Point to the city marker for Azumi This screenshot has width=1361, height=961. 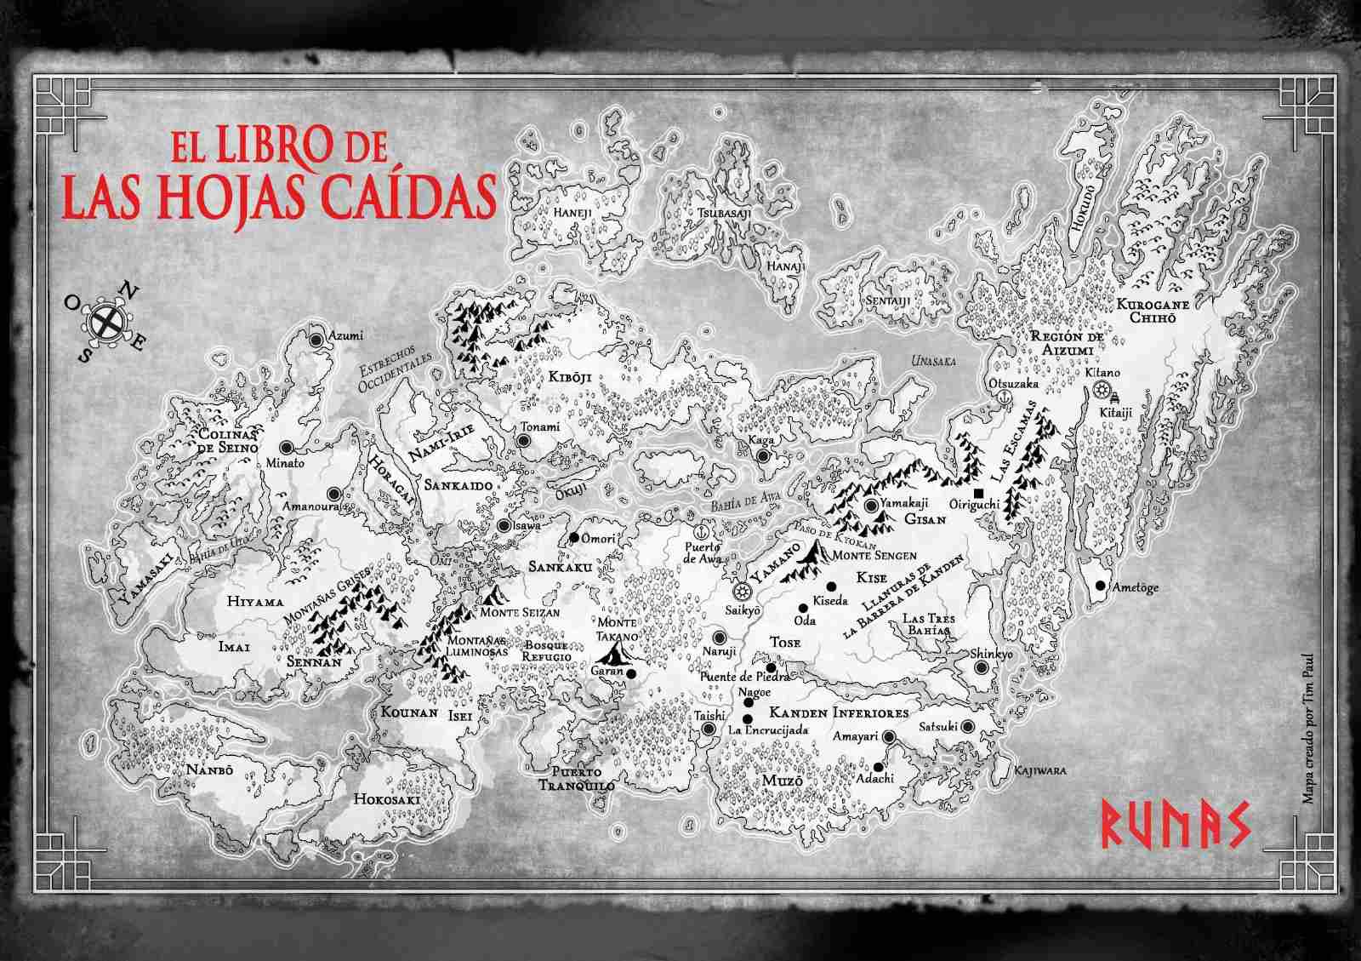tap(316, 339)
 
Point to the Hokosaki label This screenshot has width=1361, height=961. tap(382, 799)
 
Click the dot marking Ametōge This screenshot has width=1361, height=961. tap(1100, 586)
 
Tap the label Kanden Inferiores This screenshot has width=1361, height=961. tap(839, 712)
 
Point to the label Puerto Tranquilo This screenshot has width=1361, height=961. tap(577, 779)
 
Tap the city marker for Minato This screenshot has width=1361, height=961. tap(286, 446)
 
